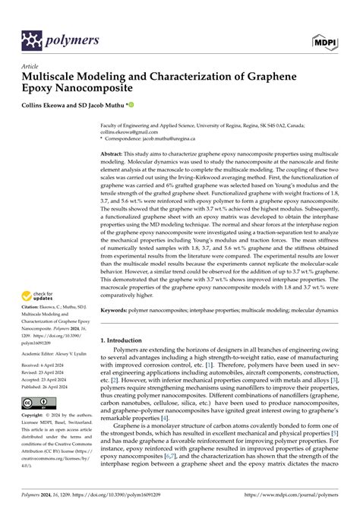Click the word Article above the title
[x=30, y=67]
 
